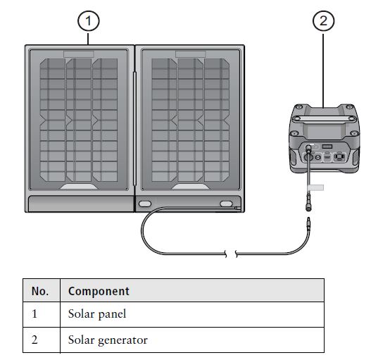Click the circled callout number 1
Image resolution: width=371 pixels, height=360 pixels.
pyautogui.click(x=87, y=21)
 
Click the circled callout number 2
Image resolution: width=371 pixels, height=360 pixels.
pyautogui.click(x=322, y=21)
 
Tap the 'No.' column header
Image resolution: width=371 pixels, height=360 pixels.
pyautogui.click(x=39, y=291)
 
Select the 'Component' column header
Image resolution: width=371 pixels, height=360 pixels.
pyautogui.click(x=99, y=291)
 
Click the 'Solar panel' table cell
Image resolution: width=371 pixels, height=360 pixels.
pyautogui.click(x=96, y=314)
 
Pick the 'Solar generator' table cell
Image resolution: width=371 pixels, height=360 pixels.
pyautogui.click(x=108, y=340)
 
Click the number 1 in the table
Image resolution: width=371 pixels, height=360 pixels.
pyautogui.click(x=34, y=314)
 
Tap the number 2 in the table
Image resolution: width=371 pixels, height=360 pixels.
pyautogui.click(x=34, y=340)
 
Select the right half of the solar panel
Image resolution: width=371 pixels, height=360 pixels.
pyautogui.click(x=188, y=120)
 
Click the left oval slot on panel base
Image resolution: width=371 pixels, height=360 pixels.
pyautogui.click(x=145, y=204)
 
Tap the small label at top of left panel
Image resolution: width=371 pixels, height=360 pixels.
pyautogui.click(x=78, y=54)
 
